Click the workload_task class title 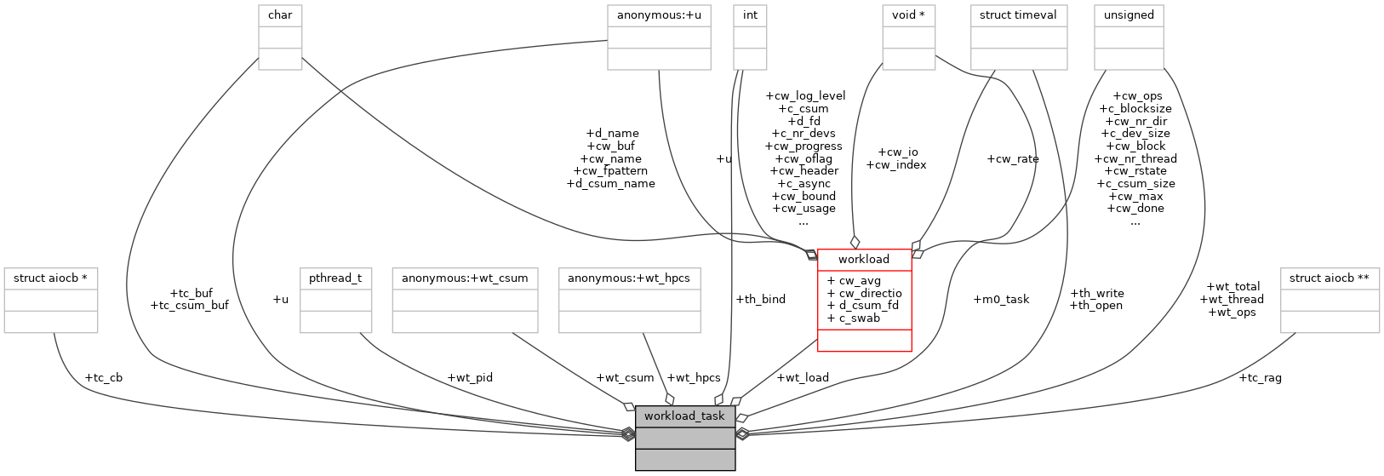tap(684, 416)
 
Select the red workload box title tap(863, 259)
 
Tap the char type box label tap(280, 15)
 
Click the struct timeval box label tap(1018, 15)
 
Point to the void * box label tap(908, 15)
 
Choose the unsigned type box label tap(1129, 15)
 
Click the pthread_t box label tap(335, 278)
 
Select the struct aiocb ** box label tap(1333, 278)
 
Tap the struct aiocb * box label tap(50, 278)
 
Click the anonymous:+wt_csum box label tap(465, 278)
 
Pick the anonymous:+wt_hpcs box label tap(629, 278)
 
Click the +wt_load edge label tap(803, 377)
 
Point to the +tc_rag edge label tap(1260, 377)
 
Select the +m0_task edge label tap(1001, 299)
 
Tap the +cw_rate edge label tap(1013, 158)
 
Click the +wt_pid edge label tap(470, 377)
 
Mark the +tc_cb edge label tap(104, 377)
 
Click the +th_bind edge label tap(761, 299)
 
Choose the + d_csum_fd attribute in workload tap(864, 306)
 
